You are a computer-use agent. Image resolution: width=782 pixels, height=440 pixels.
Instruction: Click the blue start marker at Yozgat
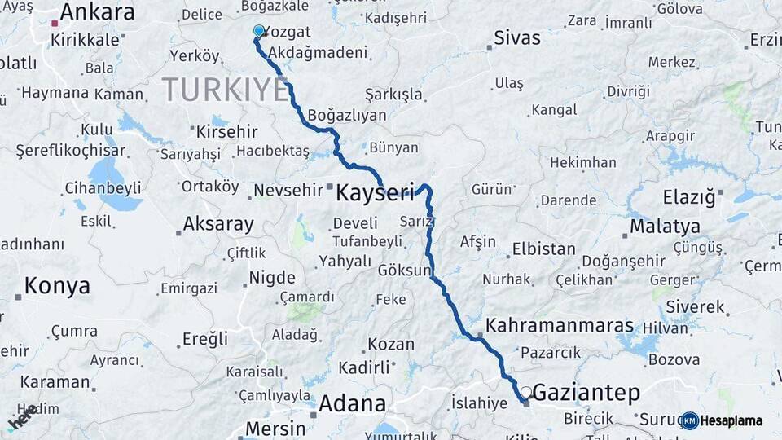coord(259,31)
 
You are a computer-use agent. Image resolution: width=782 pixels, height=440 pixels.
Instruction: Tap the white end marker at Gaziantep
coord(526,392)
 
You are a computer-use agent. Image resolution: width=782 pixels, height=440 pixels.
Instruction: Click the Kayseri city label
coord(376,193)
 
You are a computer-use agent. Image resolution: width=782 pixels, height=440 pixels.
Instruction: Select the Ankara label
coord(97,12)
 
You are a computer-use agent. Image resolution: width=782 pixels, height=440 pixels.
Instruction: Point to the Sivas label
coord(517,37)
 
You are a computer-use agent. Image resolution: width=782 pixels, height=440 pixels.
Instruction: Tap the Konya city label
coord(57,285)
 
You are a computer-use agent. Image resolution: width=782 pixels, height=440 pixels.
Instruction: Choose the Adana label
coord(352,403)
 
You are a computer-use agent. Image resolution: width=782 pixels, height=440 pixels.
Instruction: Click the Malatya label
coord(665,227)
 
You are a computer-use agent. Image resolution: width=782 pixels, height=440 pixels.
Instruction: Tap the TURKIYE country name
coord(225,90)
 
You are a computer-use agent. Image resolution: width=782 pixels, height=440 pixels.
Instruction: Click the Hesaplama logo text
coord(731,421)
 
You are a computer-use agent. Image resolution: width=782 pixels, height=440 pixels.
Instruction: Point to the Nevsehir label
coord(288,190)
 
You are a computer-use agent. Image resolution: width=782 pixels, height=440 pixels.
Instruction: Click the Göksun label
coord(403,270)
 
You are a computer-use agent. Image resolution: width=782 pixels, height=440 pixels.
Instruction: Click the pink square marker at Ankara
coord(55,24)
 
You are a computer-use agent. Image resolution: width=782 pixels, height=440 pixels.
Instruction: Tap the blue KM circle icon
coord(690,421)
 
